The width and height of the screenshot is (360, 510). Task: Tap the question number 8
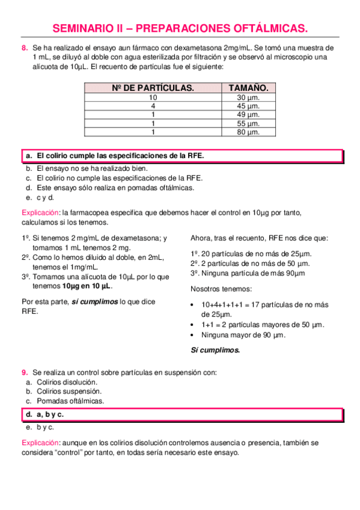[x=24, y=47]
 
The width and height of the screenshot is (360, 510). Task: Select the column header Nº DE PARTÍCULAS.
[x=153, y=88]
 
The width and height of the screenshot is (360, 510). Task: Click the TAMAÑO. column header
[x=248, y=88]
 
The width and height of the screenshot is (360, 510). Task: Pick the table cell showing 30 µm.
[x=248, y=97]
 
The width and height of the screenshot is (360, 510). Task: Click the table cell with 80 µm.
[x=248, y=132]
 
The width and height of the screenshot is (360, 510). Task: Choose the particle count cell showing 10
[x=153, y=97]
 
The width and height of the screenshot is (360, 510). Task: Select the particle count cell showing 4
[x=153, y=106]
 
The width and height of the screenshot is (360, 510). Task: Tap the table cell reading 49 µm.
[x=248, y=114]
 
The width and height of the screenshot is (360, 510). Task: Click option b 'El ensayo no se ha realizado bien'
[x=92, y=169]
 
